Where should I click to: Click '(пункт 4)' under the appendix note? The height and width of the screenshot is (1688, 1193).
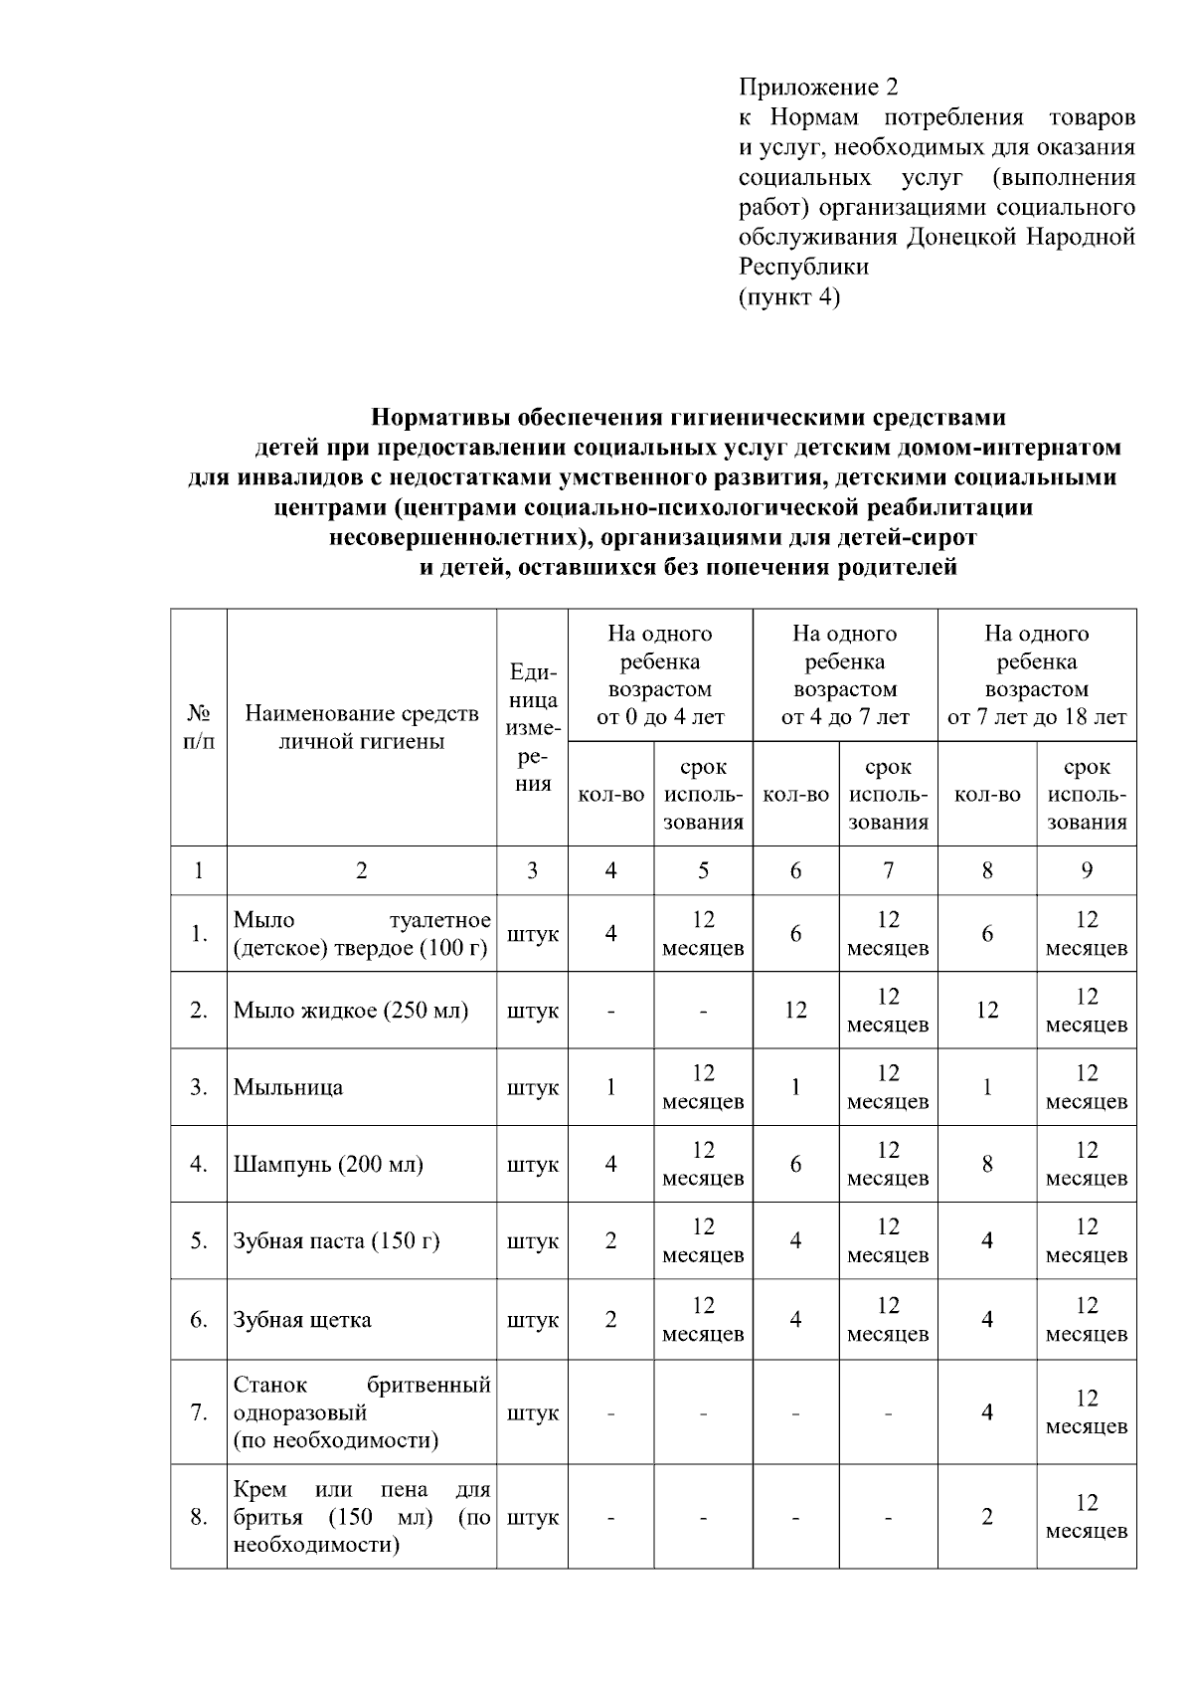(789, 296)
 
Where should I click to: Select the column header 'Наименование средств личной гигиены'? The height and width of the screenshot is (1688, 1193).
(361, 727)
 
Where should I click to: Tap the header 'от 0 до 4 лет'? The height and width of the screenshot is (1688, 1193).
(660, 716)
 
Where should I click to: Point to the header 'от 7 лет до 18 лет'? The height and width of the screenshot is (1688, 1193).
(1037, 716)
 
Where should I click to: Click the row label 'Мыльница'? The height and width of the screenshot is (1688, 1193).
(288, 1087)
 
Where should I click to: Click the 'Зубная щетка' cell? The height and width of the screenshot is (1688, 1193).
(302, 1320)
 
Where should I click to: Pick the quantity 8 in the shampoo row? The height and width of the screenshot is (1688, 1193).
(987, 1164)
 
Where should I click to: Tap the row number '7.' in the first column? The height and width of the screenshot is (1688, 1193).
(199, 1412)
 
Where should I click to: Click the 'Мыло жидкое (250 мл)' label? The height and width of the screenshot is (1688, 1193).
(350, 1011)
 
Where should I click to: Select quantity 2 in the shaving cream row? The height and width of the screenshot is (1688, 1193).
(987, 1517)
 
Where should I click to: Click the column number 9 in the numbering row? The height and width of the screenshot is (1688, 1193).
(1087, 870)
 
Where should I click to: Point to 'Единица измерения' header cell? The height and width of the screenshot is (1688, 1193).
(533, 727)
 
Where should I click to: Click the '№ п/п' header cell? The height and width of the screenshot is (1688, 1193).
(199, 727)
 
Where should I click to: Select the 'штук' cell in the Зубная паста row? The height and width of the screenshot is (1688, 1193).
(533, 1241)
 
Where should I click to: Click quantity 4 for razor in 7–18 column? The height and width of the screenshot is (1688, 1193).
(987, 1412)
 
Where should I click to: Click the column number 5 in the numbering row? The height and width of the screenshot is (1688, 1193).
(703, 870)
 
